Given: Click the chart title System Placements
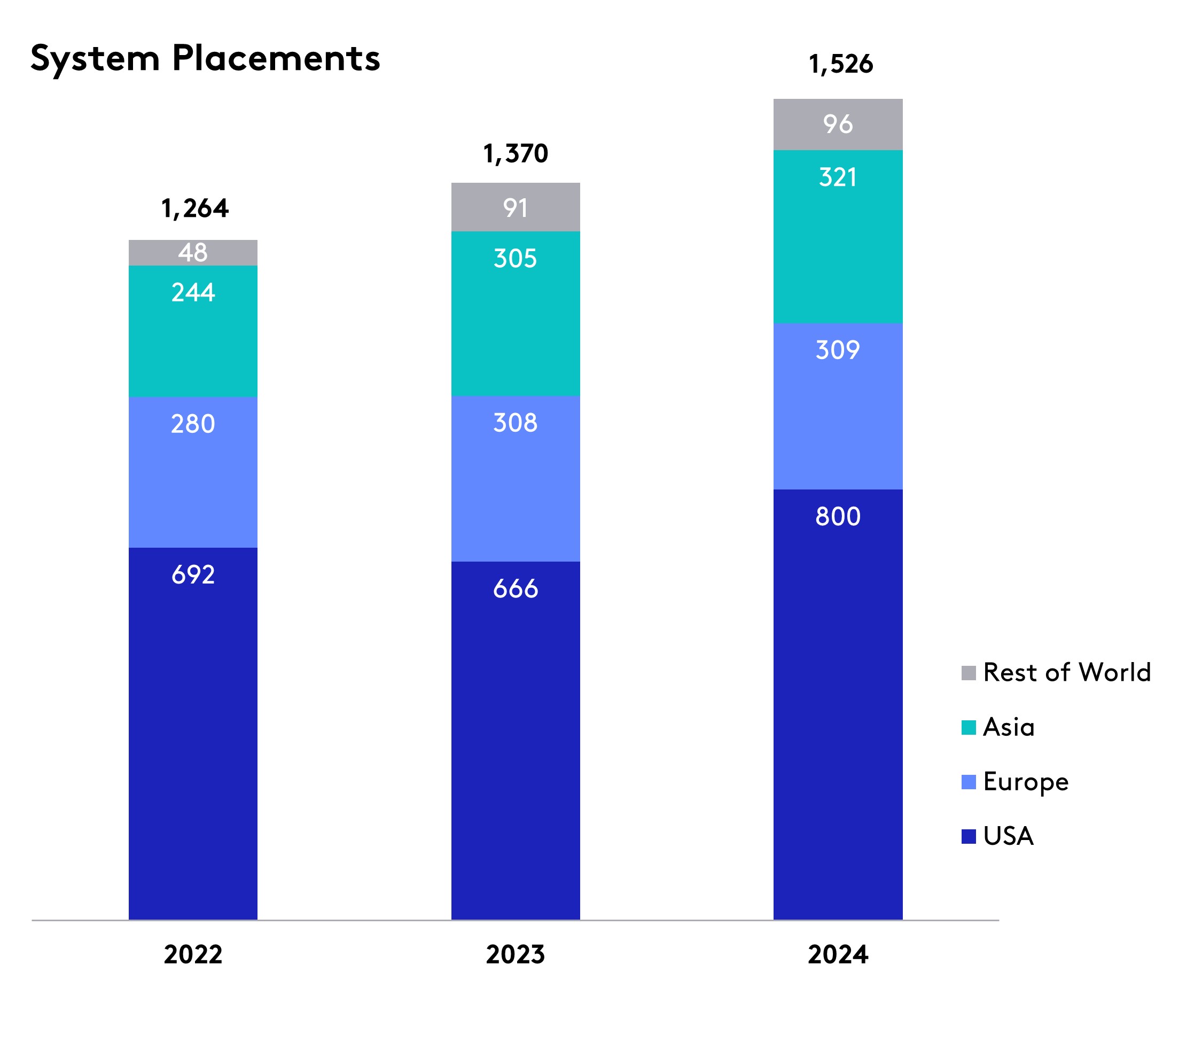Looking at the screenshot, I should pos(205,59).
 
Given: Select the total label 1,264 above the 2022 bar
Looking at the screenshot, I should pos(194,209).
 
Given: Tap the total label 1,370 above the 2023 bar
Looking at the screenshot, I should pos(516,154).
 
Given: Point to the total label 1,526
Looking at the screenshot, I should pos(840,65).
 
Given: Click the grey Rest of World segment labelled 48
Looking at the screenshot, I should pos(193,253).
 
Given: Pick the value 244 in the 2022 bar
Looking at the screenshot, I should pos(193,292).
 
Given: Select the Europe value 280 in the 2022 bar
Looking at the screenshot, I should pos(193,424).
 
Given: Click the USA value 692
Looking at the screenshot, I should pos(193,575).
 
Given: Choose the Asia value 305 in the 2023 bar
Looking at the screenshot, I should pos(516,259).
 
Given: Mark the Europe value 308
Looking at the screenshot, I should pos(516,423).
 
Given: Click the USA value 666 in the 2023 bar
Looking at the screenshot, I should pos(516,589).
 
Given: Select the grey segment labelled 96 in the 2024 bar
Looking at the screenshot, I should pos(838,125).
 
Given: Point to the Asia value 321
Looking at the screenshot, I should pos(838,177).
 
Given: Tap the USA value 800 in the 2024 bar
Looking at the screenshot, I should pos(838,516).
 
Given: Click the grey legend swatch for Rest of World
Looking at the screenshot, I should pos(969,673).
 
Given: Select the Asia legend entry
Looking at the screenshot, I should pos(1009,727).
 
